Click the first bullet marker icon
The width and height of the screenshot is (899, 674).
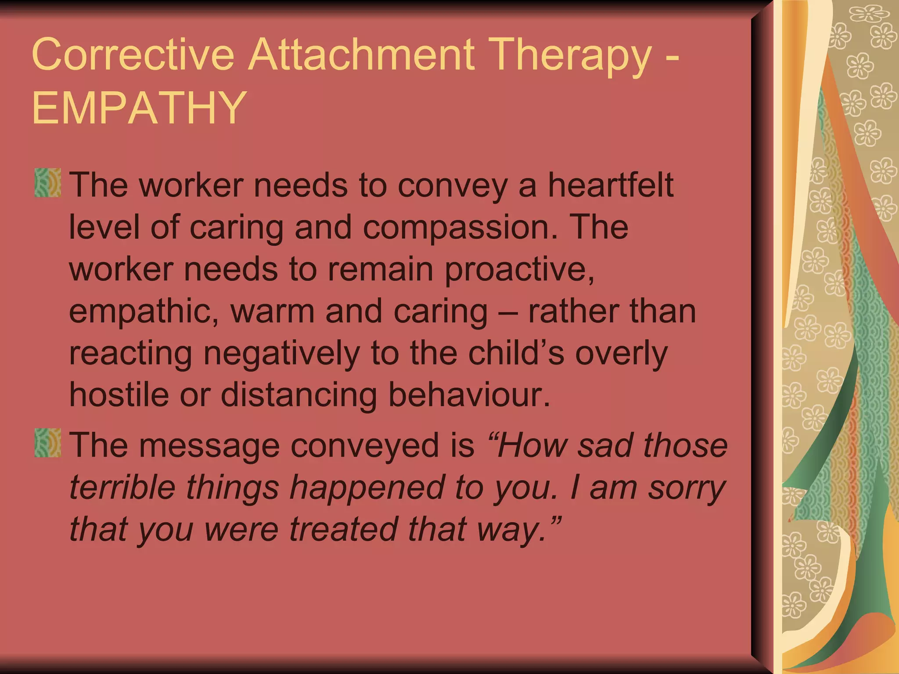coord(47,183)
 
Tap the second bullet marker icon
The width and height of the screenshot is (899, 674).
coord(47,443)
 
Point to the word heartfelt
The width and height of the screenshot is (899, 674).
coord(610,185)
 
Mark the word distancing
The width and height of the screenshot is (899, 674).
coord(298,395)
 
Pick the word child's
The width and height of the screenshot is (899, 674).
coord(516,354)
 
